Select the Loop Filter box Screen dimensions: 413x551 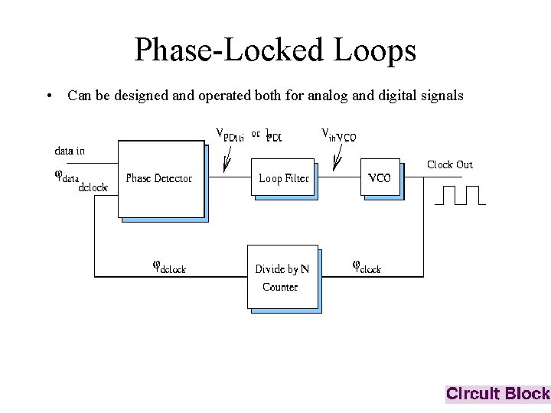click(283, 178)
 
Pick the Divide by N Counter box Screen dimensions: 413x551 click(282, 276)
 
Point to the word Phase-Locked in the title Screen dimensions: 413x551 click(229, 50)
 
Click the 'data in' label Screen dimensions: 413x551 click(70, 151)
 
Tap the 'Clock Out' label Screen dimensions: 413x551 click(449, 164)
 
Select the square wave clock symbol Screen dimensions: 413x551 click(459, 196)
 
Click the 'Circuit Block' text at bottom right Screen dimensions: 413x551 click(497, 394)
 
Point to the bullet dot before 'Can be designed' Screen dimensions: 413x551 click(48, 97)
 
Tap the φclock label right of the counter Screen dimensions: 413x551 click(366, 267)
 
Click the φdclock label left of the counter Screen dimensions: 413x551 click(169, 267)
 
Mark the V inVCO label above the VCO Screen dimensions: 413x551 click(338, 135)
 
